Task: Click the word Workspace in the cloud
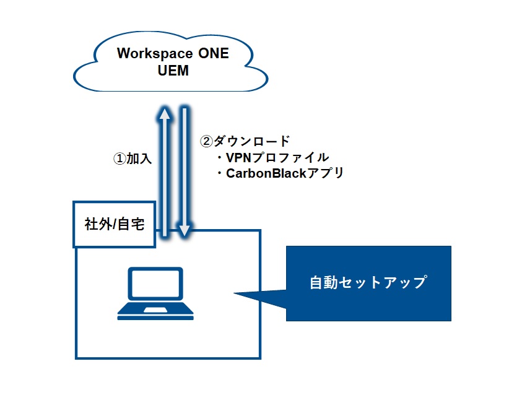[155, 54]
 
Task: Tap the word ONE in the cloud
[213, 53]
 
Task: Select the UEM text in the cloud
[173, 71]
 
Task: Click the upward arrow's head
[165, 115]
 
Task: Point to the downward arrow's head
[185, 230]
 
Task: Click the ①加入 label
[133, 158]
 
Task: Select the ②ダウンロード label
[245, 141]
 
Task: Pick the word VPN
[239, 157]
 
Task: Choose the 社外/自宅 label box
[115, 224]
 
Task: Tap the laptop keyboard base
[155, 311]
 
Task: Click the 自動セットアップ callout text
[368, 282]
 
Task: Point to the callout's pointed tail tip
[234, 293]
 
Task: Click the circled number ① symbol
[120, 158]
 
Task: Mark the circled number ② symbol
[206, 141]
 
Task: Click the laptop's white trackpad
[155, 310]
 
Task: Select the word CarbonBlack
[266, 173]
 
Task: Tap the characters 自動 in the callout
[324, 282]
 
